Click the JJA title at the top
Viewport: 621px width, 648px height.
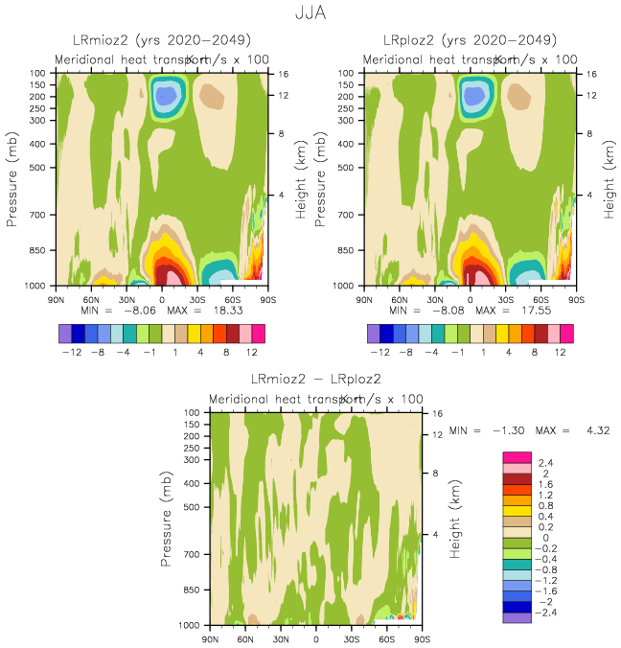pos(310,14)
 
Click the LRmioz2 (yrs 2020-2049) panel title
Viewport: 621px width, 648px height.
pos(162,40)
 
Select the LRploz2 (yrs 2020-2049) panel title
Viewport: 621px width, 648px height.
pos(470,40)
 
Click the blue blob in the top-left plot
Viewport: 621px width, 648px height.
pos(167,96)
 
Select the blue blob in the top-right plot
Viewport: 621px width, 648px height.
pos(474,96)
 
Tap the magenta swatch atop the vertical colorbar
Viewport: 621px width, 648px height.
pos(517,455)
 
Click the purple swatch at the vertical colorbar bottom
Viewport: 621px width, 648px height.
pos(517,617)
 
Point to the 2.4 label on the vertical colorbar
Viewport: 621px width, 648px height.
pos(547,463)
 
